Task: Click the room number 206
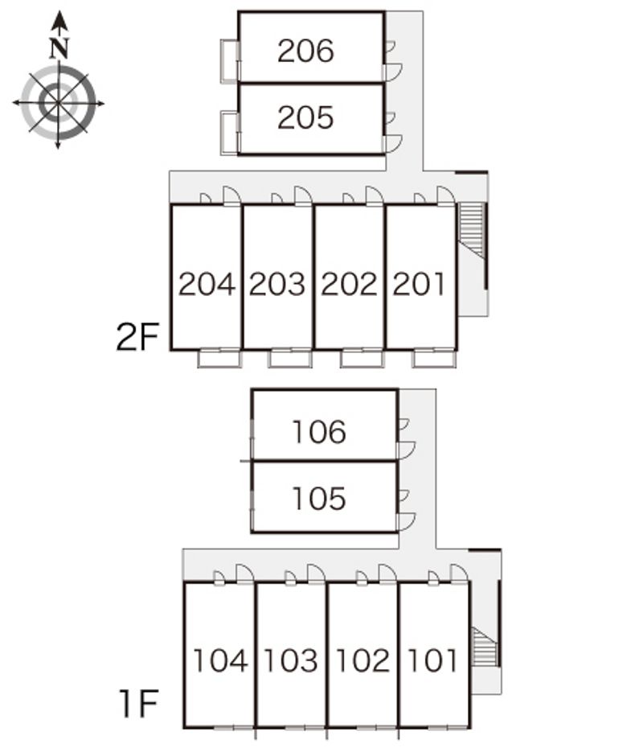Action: (x=305, y=51)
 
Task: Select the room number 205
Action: (x=305, y=117)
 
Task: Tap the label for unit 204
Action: (x=207, y=284)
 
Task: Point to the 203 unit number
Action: (x=277, y=284)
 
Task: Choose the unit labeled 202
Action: (x=349, y=284)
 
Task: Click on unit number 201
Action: (x=419, y=284)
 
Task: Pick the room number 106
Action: (x=319, y=432)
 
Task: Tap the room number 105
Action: (x=319, y=498)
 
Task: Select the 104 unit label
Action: (x=221, y=660)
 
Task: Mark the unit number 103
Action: (x=291, y=660)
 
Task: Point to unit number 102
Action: (x=362, y=660)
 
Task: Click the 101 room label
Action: (x=432, y=660)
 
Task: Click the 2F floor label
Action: (x=137, y=337)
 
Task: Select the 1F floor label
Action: (x=139, y=704)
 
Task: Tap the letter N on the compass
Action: (x=59, y=47)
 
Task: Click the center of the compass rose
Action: (x=58, y=103)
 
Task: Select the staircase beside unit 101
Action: (x=485, y=646)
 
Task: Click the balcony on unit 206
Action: (x=230, y=61)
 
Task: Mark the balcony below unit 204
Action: (x=219, y=358)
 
